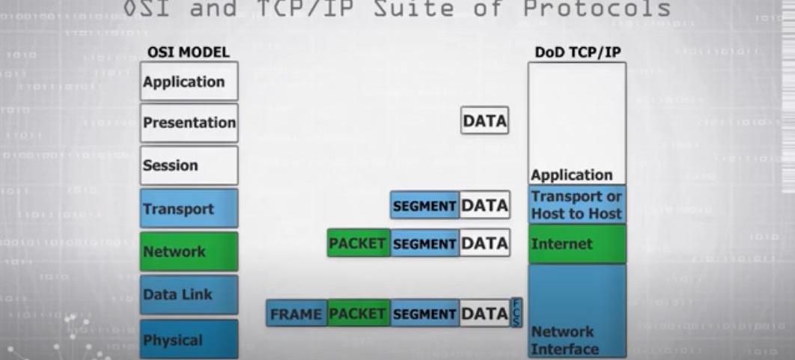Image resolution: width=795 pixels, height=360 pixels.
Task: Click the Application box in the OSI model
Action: (189, 82)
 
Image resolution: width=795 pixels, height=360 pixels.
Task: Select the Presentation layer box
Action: (189, 123)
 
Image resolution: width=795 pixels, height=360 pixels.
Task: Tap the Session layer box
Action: (189, 165)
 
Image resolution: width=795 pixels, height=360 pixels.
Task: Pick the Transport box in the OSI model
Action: (189, 208)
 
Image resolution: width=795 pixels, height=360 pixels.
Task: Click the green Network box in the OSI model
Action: (189, 251)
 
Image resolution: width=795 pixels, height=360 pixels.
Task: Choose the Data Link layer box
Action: (189, 294)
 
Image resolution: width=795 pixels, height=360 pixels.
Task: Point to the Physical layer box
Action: (189, 340)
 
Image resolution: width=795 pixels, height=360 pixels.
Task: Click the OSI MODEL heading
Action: (189, 52)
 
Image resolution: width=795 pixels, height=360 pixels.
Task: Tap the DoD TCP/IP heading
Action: (576, 52)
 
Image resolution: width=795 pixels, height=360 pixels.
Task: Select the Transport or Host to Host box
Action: (576, 205)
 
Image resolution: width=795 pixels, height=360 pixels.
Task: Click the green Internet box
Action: (576, 244)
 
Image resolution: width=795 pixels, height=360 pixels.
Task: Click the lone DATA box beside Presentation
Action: (484, 120)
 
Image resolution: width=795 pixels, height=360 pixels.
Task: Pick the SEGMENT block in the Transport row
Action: (424, 205)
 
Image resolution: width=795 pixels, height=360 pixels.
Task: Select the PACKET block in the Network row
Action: (358, 243)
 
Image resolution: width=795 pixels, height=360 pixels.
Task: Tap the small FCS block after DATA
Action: (516, 312)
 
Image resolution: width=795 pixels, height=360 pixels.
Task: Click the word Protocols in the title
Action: (597, 9)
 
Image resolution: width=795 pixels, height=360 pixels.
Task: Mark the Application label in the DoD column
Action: (571, 175)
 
